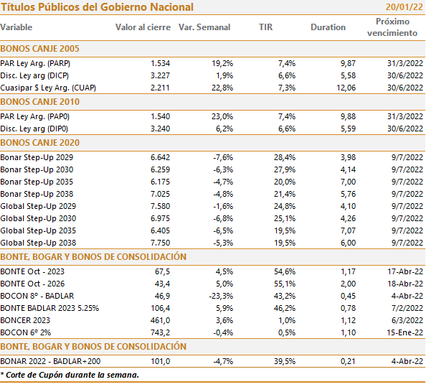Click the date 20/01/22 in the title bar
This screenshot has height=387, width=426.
click(x=404, y=6)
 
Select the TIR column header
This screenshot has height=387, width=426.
click(x=265, y=27)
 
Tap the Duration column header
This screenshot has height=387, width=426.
click(x=328, y=27)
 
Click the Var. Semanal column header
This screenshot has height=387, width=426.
click(x=204, y=27)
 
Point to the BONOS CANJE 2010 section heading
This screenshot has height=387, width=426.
click(x=39, y=102)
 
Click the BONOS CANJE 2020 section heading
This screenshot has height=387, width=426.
click(x=39, y=142)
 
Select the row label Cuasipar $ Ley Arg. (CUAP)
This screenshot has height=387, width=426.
click(x=48, y=88)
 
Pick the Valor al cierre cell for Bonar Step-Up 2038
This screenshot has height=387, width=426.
click(x=161, y=194)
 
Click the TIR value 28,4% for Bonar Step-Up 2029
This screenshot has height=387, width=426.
click(x=285, y=157)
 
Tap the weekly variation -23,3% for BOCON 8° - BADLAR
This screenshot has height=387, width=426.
click(x=221, y=296)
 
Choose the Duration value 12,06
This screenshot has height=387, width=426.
click(x=346, y=88)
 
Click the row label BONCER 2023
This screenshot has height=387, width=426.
click(x=25, y=320)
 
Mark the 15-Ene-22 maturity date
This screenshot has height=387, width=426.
click(x=405, y=332)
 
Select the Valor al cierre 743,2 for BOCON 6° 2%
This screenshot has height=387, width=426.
click(x=161, y=332)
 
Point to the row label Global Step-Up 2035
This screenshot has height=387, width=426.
click(x=38, y=230)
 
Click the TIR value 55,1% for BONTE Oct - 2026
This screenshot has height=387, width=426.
click(x=285, y=284)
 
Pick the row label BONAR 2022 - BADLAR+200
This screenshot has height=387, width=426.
click(x=50, y=361)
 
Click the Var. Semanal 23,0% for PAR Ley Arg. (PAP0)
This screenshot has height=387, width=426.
click(x=222, y=116)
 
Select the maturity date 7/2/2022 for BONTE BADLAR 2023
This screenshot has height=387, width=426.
click(x=407, y=308)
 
